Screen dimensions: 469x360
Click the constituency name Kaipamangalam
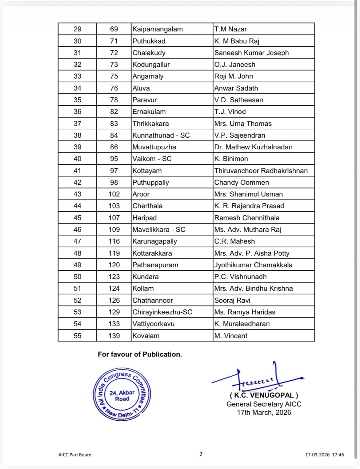(157, 29)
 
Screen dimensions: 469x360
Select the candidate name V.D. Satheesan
(238, 100)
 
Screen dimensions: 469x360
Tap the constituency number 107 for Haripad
(114, 218)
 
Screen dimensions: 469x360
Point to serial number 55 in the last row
(78, 336)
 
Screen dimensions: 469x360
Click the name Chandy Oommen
(242, 183)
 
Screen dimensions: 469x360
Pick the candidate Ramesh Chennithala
(247, 218)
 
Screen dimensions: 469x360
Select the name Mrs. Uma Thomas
(243, 124)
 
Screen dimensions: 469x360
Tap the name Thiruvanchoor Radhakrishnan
(261, 171)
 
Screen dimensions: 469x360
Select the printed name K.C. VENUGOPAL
(264, 395)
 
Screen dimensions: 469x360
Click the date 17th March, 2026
(264, 413)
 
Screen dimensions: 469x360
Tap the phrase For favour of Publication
(140, 354)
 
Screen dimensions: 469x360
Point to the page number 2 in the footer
(201, 454)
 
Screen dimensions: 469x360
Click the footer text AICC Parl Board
(75, 455)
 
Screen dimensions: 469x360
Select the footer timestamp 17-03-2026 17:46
(324, 455)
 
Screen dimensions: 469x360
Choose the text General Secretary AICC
(264, 404)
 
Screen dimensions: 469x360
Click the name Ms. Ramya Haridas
(245, 312)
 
